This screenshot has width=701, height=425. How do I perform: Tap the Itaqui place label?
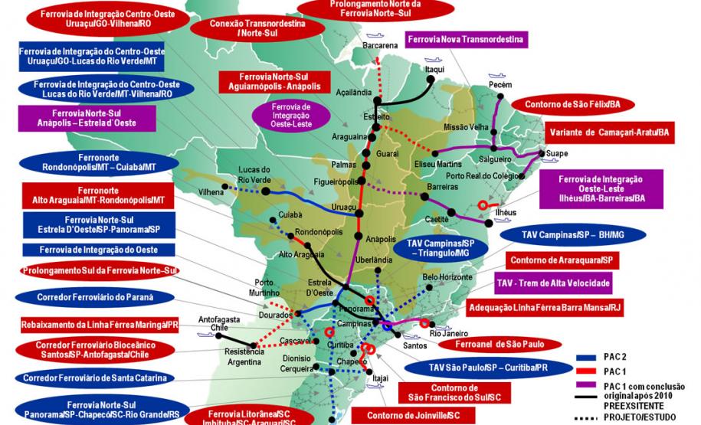[435, 69]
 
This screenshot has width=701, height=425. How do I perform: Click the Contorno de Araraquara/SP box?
[562, 260]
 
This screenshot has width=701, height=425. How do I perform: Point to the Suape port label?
[557, 154]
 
